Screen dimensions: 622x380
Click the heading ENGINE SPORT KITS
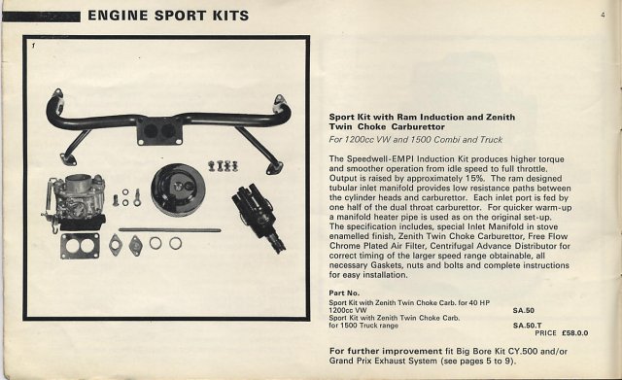[x=168, y=16]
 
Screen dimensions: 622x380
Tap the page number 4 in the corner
[x=603, y=16]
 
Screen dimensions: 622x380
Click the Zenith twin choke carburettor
[x=74, y=203]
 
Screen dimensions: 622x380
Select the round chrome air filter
[x=177, y=190]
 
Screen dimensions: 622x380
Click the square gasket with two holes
[x=80, y=246]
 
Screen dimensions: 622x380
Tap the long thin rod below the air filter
[x=170, y=230]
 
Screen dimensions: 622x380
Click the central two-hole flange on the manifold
[x=159, y=131]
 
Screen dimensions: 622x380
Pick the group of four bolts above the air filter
[x=223, y=166]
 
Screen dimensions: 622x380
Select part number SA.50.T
[x=527, y=326]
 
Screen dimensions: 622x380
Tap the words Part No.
[x=344, y=294]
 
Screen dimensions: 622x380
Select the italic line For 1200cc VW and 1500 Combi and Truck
[x=416, y=140]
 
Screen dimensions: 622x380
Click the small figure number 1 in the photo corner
[x=34, y=46]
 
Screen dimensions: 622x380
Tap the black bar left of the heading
[x=41, y=17]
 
